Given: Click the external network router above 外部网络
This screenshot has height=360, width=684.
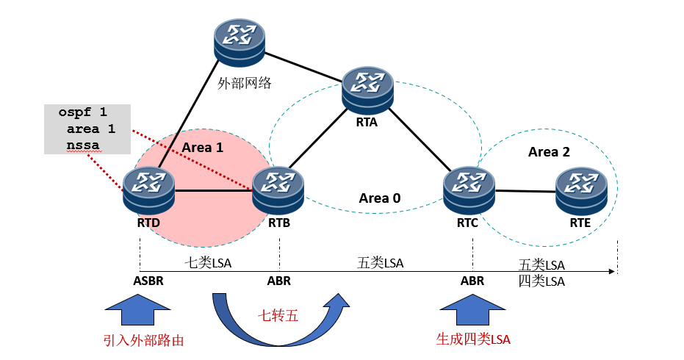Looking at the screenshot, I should pos(240,42).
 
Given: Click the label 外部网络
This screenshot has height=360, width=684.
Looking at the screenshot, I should pos(245,83).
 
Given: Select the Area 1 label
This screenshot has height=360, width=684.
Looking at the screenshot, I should pos(202,148).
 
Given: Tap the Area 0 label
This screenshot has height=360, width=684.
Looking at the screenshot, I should pos(380,198).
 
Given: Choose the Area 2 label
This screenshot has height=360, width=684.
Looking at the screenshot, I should pos(549,152).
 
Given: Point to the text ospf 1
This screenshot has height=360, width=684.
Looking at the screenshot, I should pos(82,113).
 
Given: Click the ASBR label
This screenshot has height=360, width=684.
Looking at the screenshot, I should pos(149,281).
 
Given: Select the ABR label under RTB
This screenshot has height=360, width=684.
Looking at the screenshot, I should pos(278,281).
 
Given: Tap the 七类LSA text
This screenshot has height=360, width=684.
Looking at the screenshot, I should pos(207,262).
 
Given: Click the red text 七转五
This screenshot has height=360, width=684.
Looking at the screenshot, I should pos(278,317).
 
